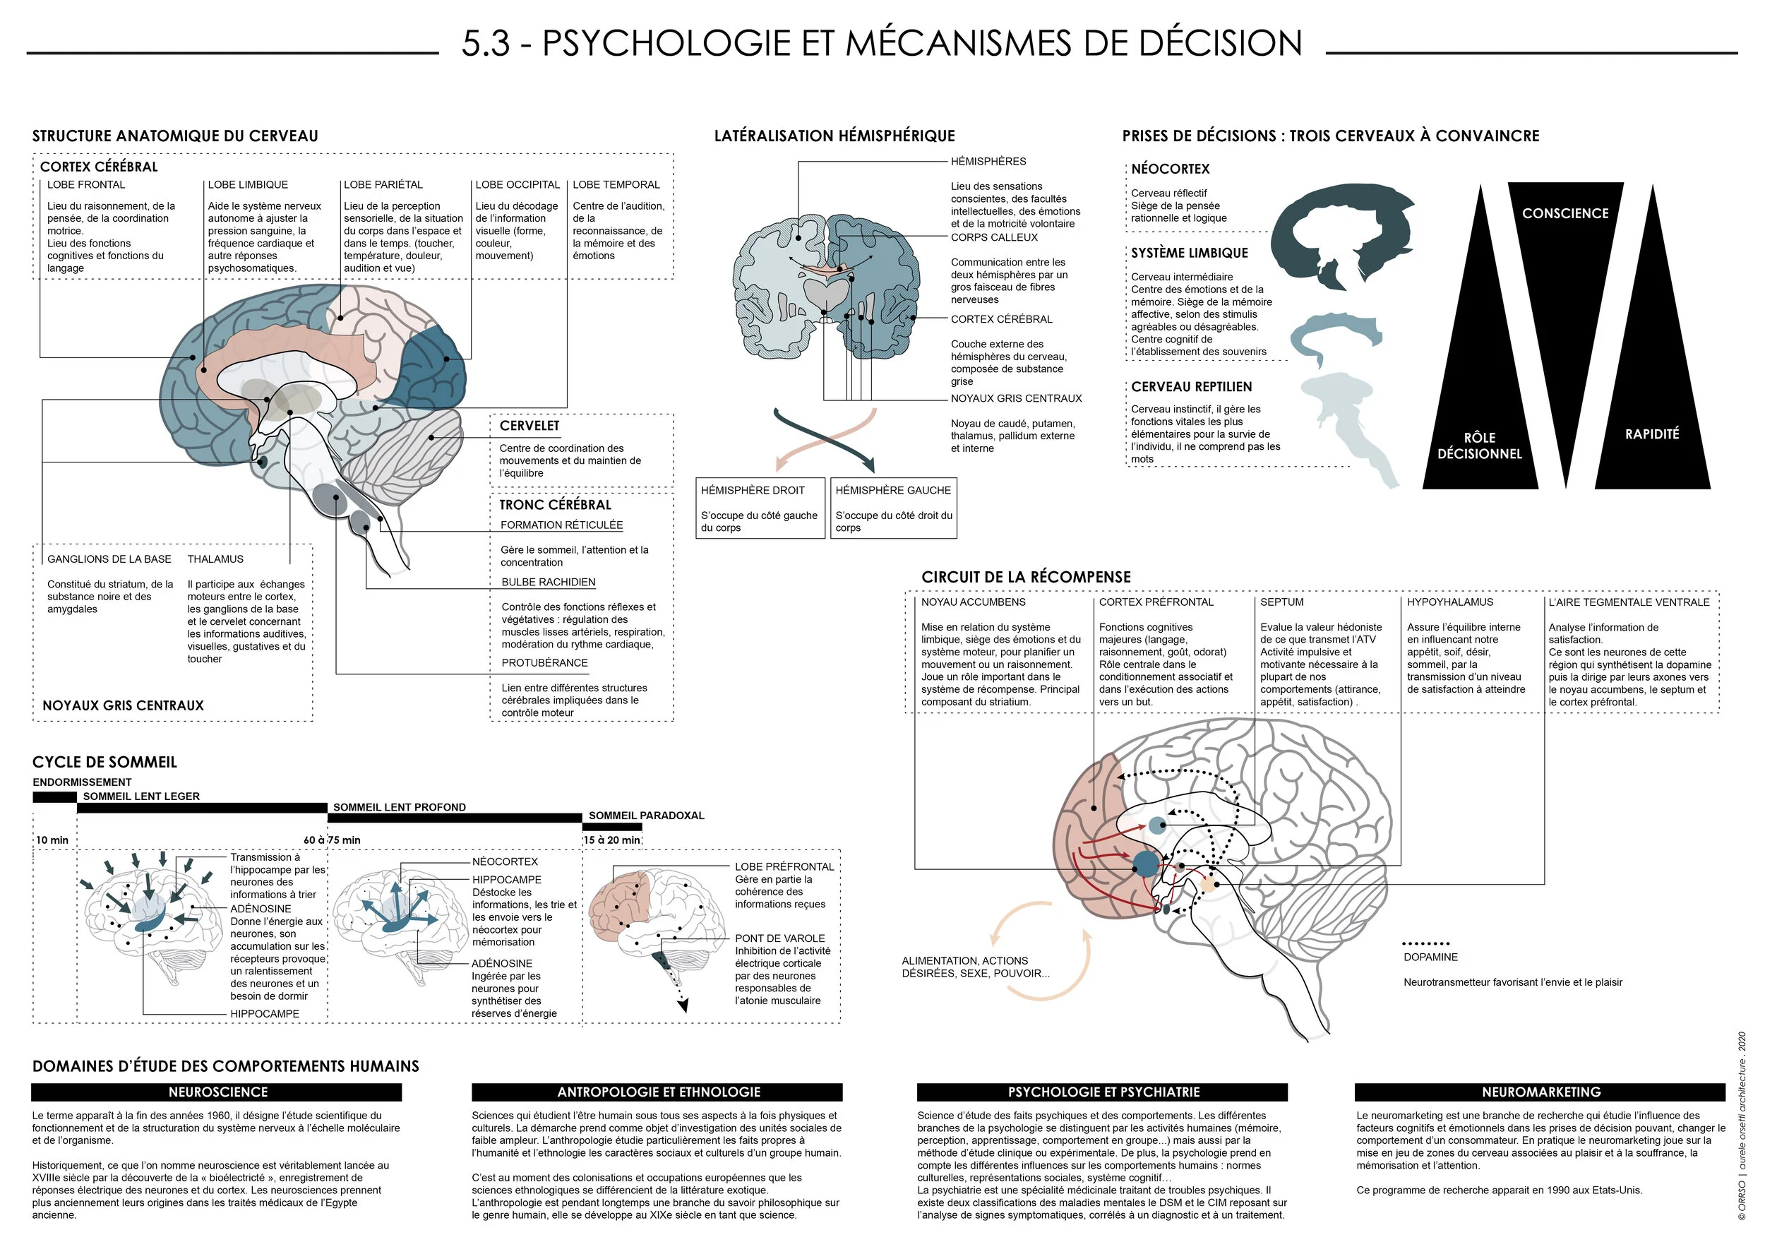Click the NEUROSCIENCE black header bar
pos(217,1092)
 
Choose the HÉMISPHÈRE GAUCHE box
pos(893,508)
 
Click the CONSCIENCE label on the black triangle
pos(1565,213)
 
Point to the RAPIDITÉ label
pos(1652,434)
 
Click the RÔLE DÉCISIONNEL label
pos(1479,446)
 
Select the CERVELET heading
pos(529,426)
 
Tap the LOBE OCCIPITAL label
pos(517,184)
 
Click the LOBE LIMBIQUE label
pos(248,184)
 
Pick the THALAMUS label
pos(215,559)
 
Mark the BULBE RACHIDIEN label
pos(548,582)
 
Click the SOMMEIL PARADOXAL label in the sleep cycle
pos(646,815)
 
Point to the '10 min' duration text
pos(52,840)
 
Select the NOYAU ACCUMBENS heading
pos(973,602)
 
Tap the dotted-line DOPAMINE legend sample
pos(1426,943)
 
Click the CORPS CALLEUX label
pos(994,237)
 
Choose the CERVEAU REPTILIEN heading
pos(1192,387)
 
